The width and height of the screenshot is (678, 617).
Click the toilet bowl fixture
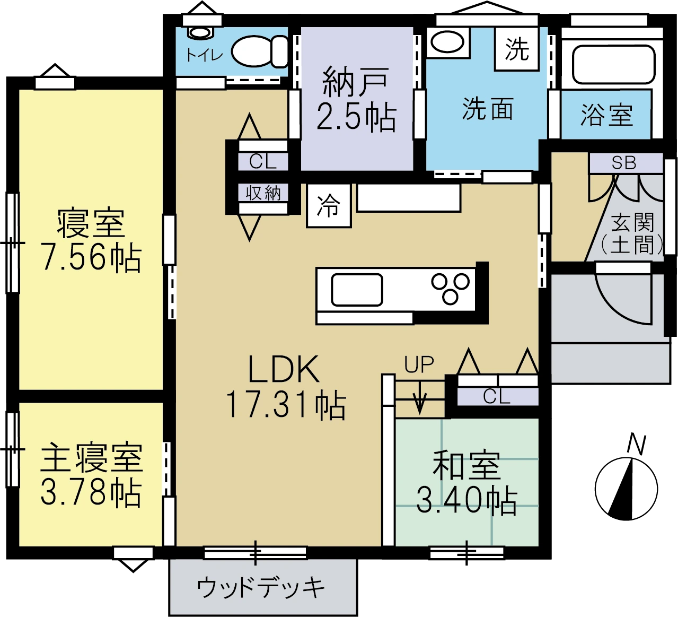260,51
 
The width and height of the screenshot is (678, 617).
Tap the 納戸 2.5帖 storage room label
356,99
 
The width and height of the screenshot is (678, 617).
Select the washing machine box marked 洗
516,49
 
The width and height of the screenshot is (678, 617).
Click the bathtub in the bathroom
614,64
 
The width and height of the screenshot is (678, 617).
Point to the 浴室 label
606,115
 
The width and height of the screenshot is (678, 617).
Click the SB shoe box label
624,163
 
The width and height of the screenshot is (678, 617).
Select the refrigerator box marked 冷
329,205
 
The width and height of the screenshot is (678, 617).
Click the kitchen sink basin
357,290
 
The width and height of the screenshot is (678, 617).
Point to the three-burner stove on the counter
451,288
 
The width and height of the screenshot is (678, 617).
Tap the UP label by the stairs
419,364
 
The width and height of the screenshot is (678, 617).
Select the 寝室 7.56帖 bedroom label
91,240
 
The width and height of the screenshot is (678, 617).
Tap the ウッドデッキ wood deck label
261,588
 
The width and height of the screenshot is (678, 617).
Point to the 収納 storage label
263,193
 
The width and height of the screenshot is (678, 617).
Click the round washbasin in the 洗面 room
447,42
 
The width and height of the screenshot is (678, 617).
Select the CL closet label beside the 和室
497,396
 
